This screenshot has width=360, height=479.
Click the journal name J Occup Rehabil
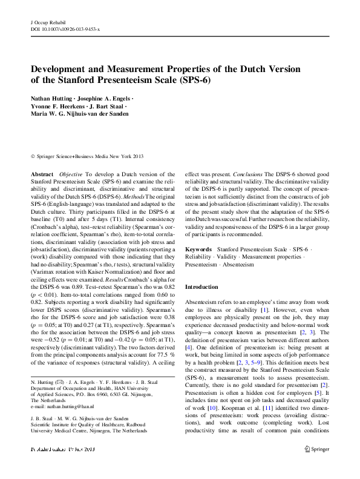[47, 22]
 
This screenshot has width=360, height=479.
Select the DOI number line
[65, 28]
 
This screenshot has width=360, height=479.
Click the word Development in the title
[62, 69]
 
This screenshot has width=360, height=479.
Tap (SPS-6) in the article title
[194, 80]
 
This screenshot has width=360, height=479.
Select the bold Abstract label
[42, 174]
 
